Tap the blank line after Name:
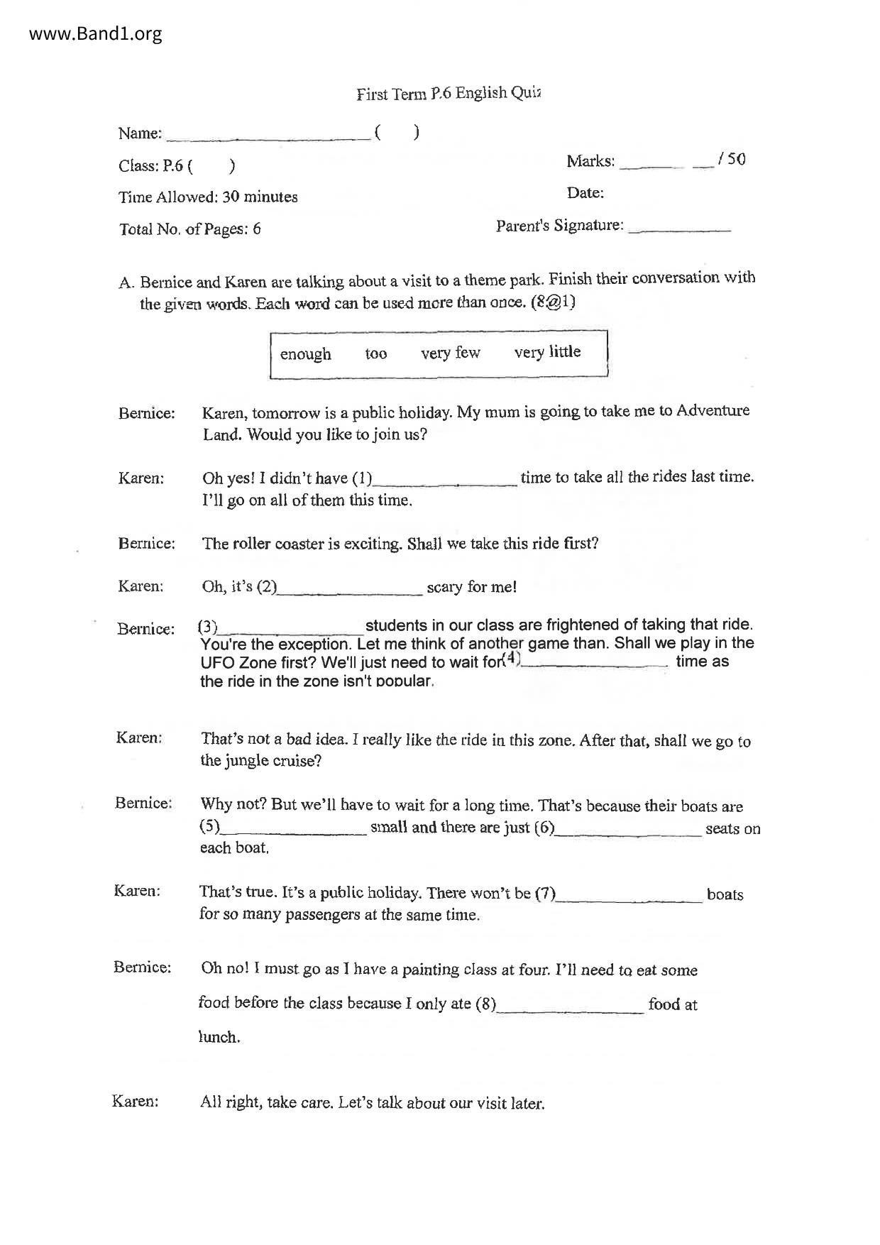coord(268,135)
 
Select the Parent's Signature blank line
coord(679,229)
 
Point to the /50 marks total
coord(732,159)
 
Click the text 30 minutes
coord(260,197)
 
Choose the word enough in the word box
coord(305,353)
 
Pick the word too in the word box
coord(375,353)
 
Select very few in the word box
coord(450,352)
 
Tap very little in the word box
coord(547,351)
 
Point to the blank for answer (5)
coord(294,830)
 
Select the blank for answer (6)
coord(628,830)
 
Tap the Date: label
coord(585,193)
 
